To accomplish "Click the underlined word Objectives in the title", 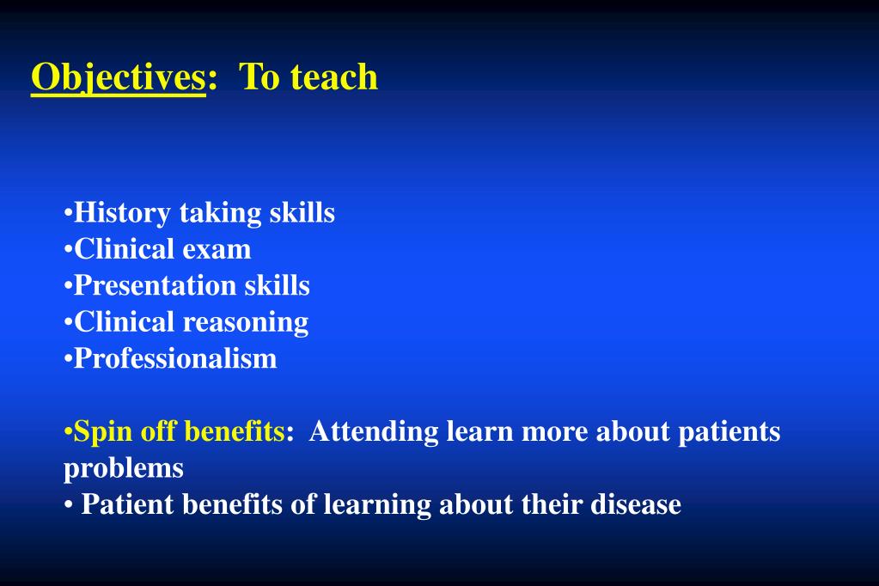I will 118,77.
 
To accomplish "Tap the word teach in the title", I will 334,77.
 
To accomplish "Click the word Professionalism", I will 175,358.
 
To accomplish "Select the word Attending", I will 374,430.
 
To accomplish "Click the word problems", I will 124,467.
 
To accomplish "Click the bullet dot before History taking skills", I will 68,213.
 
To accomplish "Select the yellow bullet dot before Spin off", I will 68,431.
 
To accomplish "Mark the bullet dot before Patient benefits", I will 68,505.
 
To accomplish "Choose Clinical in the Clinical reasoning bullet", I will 125,322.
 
